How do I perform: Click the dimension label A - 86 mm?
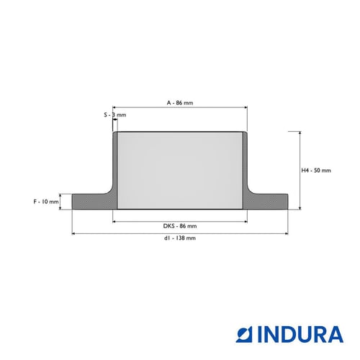(180, 103)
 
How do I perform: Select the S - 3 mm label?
(115, 115)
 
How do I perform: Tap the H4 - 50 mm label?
(316, 171)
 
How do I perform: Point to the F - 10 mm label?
(46, 202)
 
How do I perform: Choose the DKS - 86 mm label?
(180, 226)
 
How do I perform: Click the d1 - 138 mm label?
(180, 238)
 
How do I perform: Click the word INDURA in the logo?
(300, 334)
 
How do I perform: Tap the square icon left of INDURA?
(244, 334)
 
